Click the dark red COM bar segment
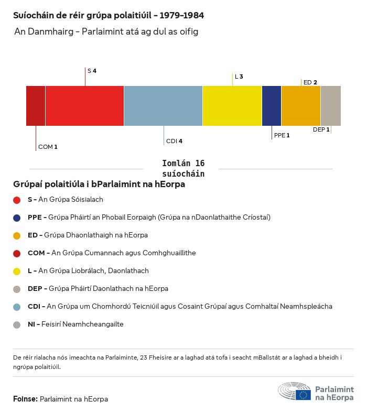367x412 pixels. (36, 106)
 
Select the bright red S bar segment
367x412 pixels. (84, 106)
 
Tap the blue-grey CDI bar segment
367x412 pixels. (163, 106)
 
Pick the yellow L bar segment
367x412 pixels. (232, 106)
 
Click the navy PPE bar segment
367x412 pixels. (272, 106)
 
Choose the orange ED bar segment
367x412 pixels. (301, 106)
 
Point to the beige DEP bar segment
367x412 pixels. (330, 106)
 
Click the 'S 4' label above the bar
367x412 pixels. (92, 70)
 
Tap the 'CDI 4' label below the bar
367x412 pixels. (174, 141)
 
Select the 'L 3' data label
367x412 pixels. (239, 77)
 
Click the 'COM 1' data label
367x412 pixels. (48, 147)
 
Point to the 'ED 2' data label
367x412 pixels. (310, 82)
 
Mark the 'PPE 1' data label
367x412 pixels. (282, 135)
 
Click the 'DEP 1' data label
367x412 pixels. (321, 129)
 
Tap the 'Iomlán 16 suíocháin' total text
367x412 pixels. (183, 168)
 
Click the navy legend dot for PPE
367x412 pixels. (17, 218)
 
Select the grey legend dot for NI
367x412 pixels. (17, 324)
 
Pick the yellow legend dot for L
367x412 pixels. (17, 271)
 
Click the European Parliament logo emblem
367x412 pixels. (295, 392)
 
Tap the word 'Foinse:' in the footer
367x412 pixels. (25, 399)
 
